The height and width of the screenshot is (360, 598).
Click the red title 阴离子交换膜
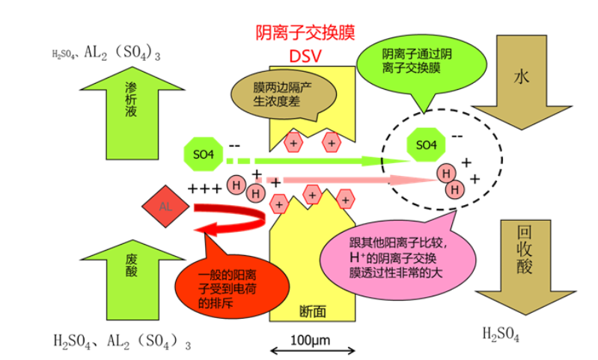305,32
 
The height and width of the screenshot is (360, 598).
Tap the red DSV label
305,57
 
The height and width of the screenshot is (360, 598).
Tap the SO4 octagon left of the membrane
204,154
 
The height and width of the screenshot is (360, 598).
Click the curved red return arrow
232,218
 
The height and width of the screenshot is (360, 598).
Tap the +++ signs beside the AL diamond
204,188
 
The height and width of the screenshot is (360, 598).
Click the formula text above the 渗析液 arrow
105,53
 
